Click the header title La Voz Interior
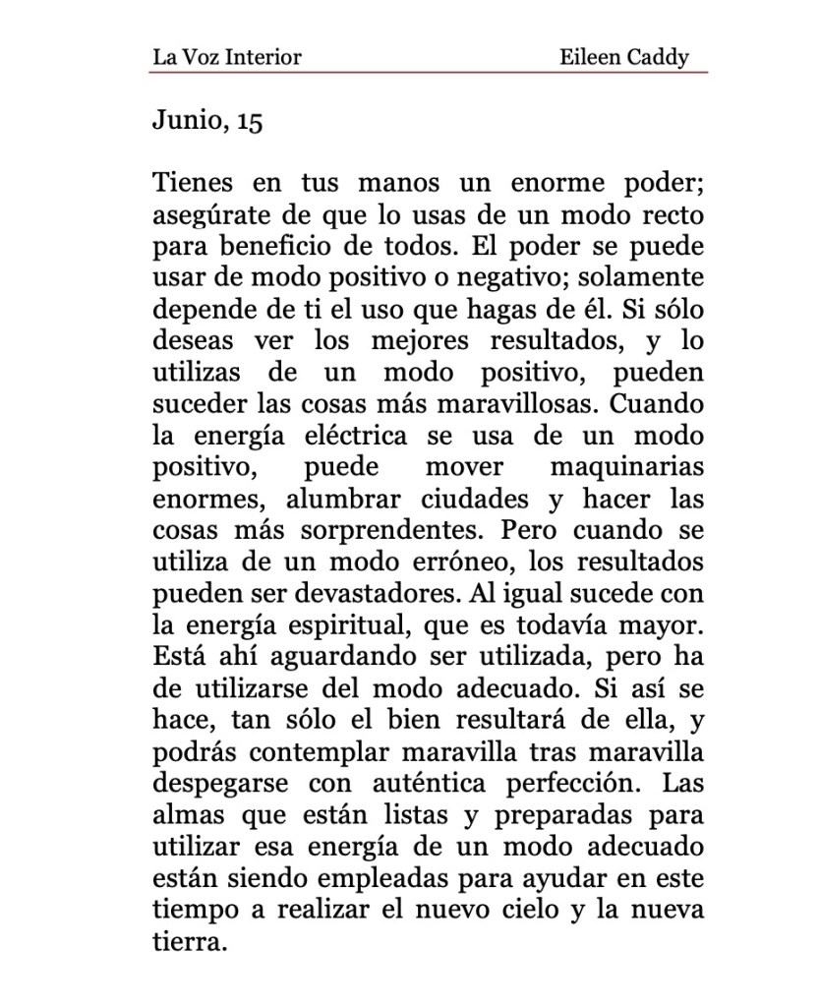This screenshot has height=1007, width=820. click(x=226, y=56)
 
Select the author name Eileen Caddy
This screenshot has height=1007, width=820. click(x=623, y=56)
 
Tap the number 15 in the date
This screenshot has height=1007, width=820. click(x=250, y=122)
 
